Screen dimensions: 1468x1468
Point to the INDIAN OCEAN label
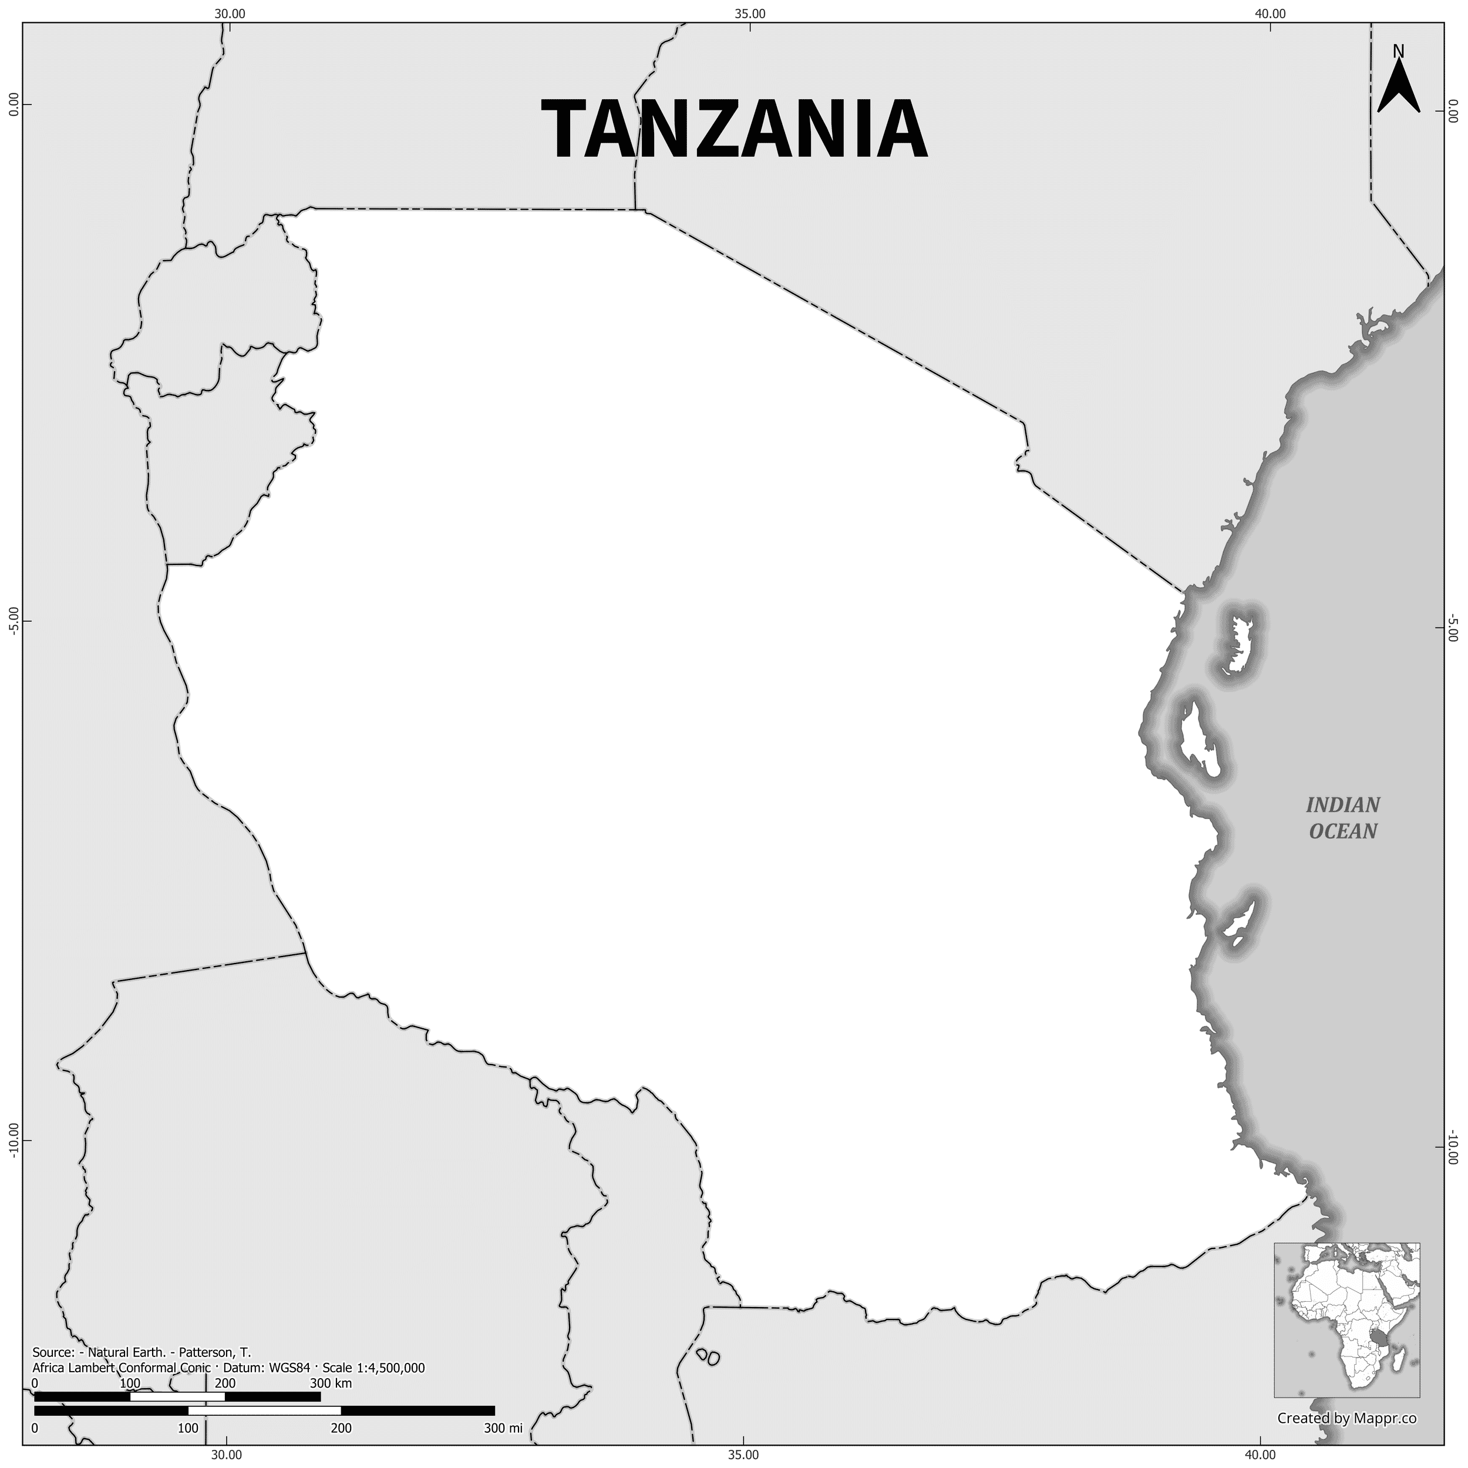(x=1342, y=817)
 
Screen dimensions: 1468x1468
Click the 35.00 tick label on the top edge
(x=750, y=13)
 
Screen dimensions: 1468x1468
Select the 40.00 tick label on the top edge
(x=1270, y=13)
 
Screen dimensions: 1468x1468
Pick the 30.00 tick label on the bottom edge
(x=225, y=1455)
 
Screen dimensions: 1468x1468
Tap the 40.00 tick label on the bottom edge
(x=1261, y=1455)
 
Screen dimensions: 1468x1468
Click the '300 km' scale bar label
(x=331, y=1362)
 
